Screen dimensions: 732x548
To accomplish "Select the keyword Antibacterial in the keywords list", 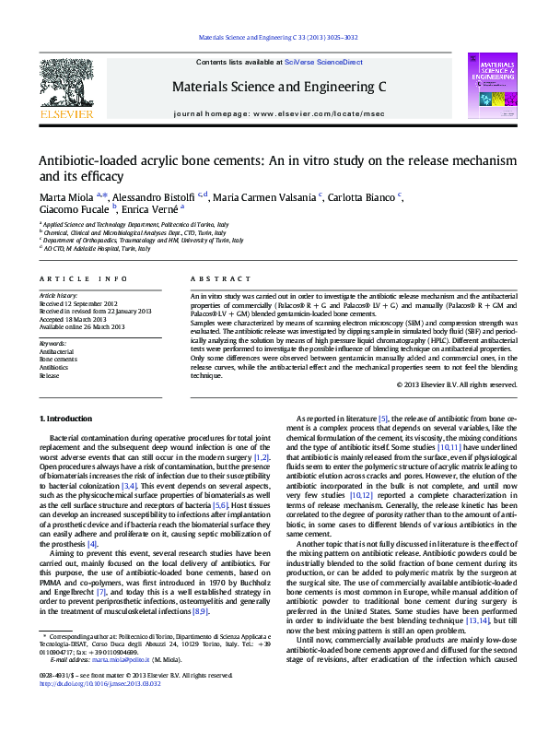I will (x=55, y=352).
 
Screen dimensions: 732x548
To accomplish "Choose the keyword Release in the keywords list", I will (x=48, y=376).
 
